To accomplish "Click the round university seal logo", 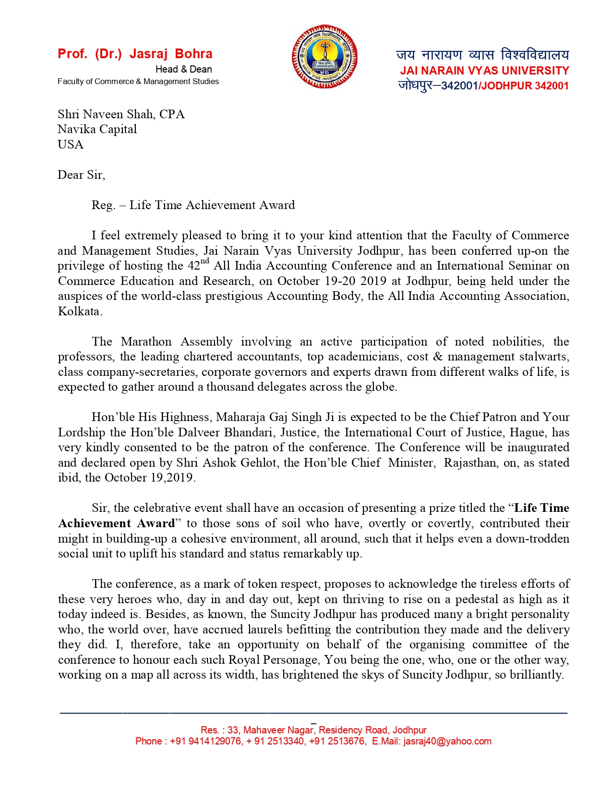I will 325,57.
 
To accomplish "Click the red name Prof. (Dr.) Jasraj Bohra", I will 135,54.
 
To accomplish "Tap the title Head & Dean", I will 183,69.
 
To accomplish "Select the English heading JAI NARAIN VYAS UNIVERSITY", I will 484,71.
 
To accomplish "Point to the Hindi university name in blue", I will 482,54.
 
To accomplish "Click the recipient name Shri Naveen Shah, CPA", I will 121,114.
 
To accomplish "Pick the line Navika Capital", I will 97,129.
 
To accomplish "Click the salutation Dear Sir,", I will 81,175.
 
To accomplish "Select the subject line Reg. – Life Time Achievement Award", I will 193,205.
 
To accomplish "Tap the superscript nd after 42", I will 205,261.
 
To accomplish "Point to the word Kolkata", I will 79,311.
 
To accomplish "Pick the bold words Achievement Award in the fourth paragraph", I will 117,523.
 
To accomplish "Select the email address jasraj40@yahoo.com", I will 447,741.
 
